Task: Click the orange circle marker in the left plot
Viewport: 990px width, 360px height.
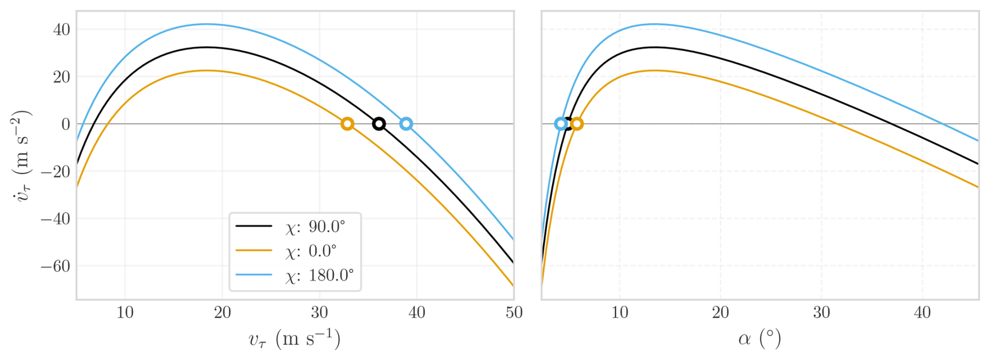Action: coord(347,124)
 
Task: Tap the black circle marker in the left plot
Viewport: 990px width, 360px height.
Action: coord(379,124)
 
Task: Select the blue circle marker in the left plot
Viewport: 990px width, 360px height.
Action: coord(406,124)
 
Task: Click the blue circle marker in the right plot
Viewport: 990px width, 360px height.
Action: coord(561,124)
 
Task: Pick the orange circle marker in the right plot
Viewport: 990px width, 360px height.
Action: coord(577,124)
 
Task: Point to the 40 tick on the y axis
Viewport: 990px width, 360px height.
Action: coord(61,29)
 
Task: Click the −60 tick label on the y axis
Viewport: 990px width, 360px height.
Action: coord(55,266)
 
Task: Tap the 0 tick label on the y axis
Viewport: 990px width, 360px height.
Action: coord(66,125)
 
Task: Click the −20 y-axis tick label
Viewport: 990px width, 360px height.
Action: coord(55,172)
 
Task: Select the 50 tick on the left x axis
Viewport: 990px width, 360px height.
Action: coord(514,313)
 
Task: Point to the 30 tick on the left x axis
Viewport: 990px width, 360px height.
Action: coord(320,313)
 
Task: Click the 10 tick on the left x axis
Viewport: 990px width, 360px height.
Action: coord(125,313)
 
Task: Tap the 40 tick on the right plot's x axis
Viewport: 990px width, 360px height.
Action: coord(922,313)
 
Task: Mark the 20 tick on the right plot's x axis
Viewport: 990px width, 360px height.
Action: coord(721,313)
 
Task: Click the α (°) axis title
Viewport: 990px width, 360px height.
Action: coord(760,339)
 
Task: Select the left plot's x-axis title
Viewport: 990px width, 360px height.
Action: coord(295,339)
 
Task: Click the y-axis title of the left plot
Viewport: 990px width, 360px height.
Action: coord(22,155)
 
